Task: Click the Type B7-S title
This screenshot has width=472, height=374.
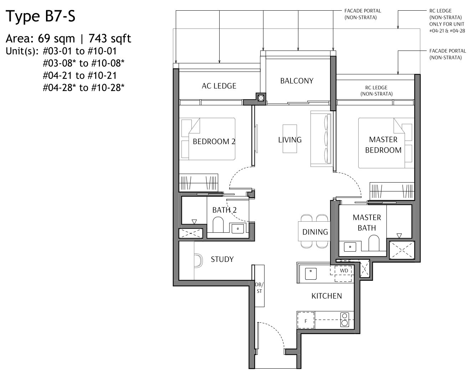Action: point(41,16)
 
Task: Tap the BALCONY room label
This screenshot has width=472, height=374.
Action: point(297,81)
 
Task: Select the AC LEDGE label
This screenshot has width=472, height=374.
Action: point(219,86)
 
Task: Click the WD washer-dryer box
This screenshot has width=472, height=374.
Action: point(344,271)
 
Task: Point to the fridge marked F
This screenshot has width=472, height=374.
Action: point(306,321)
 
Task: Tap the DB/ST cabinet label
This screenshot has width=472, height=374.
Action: point(259,288)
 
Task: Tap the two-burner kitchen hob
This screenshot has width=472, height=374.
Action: point(344,320)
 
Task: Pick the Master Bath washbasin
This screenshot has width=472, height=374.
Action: point(350,246)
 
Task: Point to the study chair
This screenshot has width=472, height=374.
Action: point(197,260)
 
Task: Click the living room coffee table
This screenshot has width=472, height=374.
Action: point(290,138)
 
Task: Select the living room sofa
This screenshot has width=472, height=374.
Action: point(322,138)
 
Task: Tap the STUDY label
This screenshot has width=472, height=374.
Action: point(222,259)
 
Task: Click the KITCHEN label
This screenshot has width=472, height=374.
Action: point(327,296)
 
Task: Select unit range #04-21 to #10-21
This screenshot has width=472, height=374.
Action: point(80,75)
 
